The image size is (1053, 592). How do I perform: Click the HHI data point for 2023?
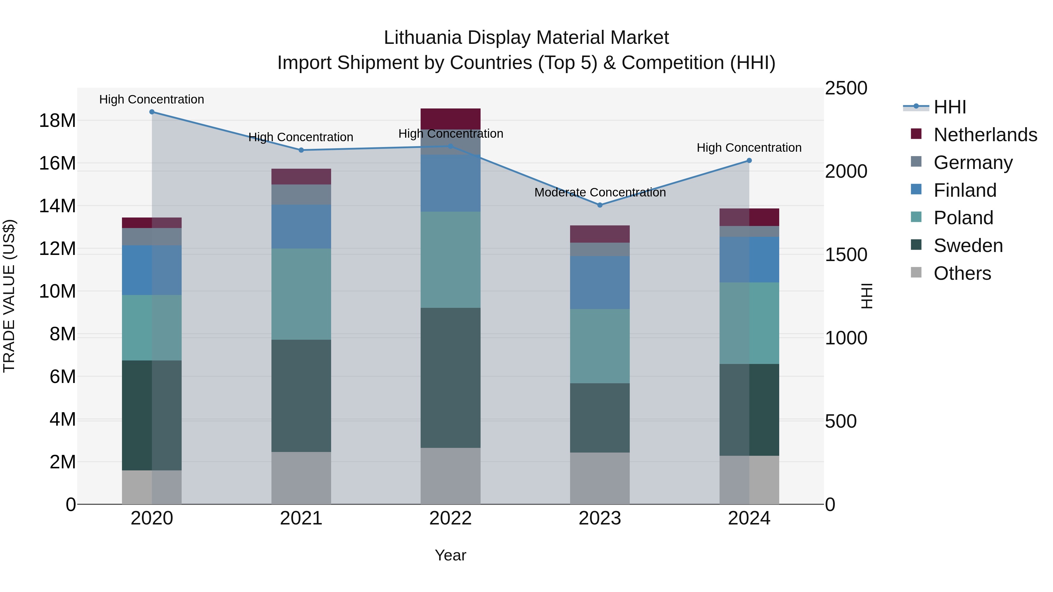tap(600, 205)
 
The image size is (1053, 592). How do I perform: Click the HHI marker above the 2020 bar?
tap(152, 112)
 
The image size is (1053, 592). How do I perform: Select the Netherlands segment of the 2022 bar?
tap(450, 119)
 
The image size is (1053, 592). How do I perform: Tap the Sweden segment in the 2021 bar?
tap(301, 396)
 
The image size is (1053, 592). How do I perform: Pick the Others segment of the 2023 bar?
tap(600, 478)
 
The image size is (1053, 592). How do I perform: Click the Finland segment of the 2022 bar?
tap(450, 183)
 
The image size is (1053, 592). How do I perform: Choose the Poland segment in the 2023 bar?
tap(600, 346)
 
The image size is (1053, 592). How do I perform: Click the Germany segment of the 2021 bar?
tap(301, 194)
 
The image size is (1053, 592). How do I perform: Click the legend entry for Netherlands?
tap(985, 135)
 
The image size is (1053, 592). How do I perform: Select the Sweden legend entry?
tap(968, 246)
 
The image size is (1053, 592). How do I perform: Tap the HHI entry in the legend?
tap(949, 107)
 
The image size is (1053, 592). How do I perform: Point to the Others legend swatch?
tap(916, 272)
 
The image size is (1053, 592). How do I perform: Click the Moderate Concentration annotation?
tap(600, 192)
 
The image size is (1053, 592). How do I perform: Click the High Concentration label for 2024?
tap(749, 148)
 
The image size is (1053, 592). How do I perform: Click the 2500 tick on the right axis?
tap(846, 88)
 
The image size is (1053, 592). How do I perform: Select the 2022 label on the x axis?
tap(450, 518)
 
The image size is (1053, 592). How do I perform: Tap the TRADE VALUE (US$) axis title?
tap(9, 296)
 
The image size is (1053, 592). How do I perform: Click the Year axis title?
tap(450, 555)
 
